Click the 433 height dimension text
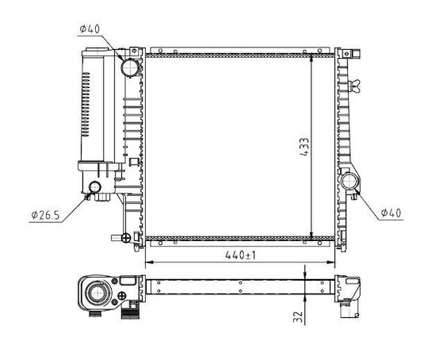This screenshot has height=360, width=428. pos(304,147)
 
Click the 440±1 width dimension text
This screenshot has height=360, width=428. pos(240,255)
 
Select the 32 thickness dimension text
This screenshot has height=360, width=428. pos(298,316)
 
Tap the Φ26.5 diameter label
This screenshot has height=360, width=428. pos(45,215)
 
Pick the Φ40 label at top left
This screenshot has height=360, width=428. pos(90,29)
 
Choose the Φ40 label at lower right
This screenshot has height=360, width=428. pos(392,213)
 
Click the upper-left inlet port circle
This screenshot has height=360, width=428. pos(130,67)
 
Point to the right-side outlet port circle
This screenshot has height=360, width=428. pos(350,182)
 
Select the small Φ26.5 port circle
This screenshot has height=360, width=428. pos(95,187)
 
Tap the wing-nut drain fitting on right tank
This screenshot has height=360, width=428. pos(356,86)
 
